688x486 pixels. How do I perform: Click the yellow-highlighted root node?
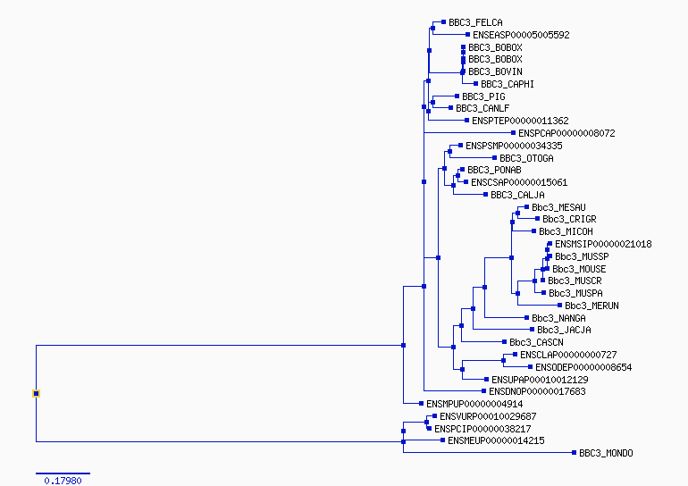36,393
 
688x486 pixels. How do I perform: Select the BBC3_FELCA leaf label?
475,22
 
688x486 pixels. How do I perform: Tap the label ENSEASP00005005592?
521,35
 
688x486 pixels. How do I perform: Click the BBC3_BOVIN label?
495,71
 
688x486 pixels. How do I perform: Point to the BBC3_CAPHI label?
508,84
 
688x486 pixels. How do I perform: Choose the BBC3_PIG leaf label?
483,96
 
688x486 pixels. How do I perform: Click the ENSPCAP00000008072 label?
566,133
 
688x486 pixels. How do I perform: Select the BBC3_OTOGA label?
526,158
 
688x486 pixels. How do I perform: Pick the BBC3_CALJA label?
517,195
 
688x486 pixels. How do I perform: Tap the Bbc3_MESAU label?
558,207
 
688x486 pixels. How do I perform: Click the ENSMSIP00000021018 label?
603,244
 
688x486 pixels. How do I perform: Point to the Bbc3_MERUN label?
592,306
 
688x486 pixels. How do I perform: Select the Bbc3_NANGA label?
558,318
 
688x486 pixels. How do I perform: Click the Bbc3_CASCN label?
536,342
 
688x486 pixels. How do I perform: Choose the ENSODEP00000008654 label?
583,367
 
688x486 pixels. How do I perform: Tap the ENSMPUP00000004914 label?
474,404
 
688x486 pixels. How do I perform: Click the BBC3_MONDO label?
606,453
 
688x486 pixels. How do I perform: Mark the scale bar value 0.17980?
63,481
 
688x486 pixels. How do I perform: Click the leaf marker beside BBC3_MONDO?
574,453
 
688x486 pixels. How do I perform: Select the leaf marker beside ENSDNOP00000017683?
483,390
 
